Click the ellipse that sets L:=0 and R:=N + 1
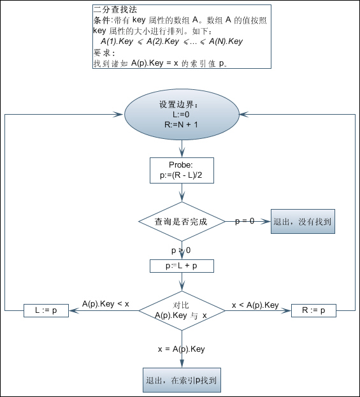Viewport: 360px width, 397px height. tap(182, 115)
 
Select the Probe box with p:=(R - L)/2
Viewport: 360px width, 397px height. tap(182, 170)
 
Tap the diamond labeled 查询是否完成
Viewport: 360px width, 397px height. tap(182, 222)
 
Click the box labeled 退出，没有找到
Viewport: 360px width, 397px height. tap(303, 221)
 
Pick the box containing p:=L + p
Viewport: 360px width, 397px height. tap(182, 266)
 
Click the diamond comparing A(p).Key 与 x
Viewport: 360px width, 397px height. tap(182, 311)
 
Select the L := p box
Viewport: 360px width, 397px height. tap(46, 310)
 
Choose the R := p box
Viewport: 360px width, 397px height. tap(313, 310)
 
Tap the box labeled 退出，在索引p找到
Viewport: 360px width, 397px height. tap(182, 380)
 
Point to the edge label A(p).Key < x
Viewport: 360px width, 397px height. tap(106, 304)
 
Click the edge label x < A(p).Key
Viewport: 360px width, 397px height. tap(256, 305)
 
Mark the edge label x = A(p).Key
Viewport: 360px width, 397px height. tap(181, 349)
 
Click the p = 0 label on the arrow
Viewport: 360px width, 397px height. tap(245, 221)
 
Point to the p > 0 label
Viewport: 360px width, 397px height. tap(181, 250)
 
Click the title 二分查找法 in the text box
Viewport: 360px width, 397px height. tap(115, 10)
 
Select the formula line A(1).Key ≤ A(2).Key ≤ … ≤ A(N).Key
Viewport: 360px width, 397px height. tap(171, 41)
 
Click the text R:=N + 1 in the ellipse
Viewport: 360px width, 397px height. tap(181, 124)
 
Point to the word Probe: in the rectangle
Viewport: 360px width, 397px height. tap(181, 165)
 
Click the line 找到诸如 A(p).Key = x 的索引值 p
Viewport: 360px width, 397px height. tap(161, 63)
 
